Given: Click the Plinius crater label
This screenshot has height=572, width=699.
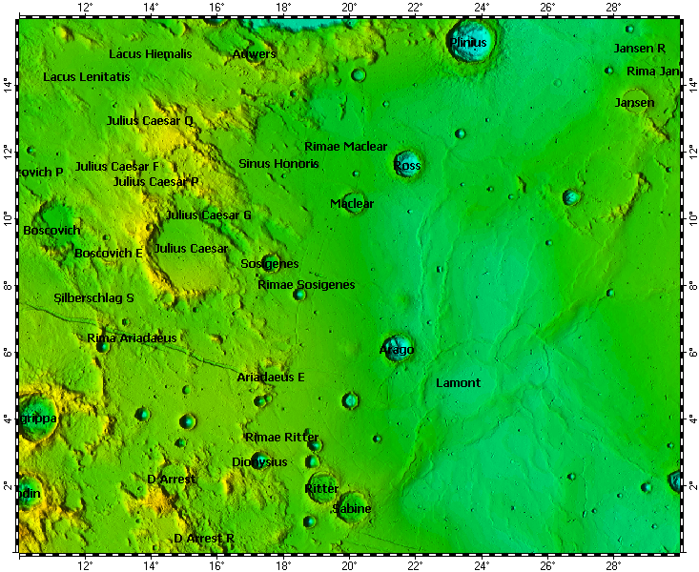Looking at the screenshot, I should tap(468, 43).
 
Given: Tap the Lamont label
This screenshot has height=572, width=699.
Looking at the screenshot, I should tap(458, 383).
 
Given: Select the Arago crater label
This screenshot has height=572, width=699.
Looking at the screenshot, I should tap(397, 350).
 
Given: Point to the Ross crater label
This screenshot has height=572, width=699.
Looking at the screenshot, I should tap(407, 166).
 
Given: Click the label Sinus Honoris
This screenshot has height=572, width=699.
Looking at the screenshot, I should tap(278, 164).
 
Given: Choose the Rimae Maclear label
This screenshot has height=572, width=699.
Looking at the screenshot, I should tap(345, 147).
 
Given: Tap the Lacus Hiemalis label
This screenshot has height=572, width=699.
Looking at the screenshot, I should tap(150, 54).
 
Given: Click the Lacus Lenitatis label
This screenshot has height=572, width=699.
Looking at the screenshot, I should tap(86, 76).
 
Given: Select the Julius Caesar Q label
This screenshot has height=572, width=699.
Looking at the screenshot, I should tap(150, 121).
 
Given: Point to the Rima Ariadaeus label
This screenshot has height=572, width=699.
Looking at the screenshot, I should tap(132, 338).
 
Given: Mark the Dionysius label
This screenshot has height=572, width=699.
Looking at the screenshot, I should tap(259, 462).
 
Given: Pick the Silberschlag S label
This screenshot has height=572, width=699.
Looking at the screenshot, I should tap(93, 298).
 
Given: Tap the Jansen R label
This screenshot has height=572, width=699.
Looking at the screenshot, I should tap(639, 48).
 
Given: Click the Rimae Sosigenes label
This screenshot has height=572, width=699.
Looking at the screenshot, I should tap(306, 285).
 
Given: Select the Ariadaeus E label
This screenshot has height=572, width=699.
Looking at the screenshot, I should tap(271, 378).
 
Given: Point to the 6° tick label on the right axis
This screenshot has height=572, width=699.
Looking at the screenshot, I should tap(691, 353).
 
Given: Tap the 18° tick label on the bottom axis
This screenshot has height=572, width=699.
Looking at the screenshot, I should tap(283, 564).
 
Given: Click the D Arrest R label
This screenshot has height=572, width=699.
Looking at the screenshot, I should tap(204, 539).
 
